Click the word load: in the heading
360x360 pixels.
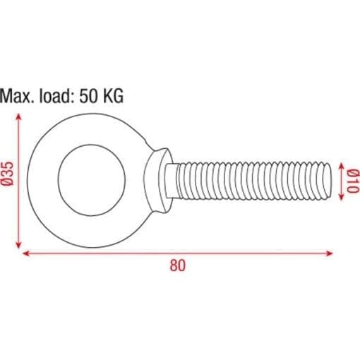click(x=55, y=96)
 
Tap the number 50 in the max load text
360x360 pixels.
click(x=88, y=96)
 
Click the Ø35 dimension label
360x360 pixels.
click(x=9, y=174)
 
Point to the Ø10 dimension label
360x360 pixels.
click(x=353, y=181)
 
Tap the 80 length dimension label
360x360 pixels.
click(x=178, y=265)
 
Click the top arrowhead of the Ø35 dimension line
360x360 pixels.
click(x=18, y=116)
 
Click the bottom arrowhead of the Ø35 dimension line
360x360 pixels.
click(x=18, y=245)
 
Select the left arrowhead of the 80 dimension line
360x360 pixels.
click(x=25, y=253)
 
